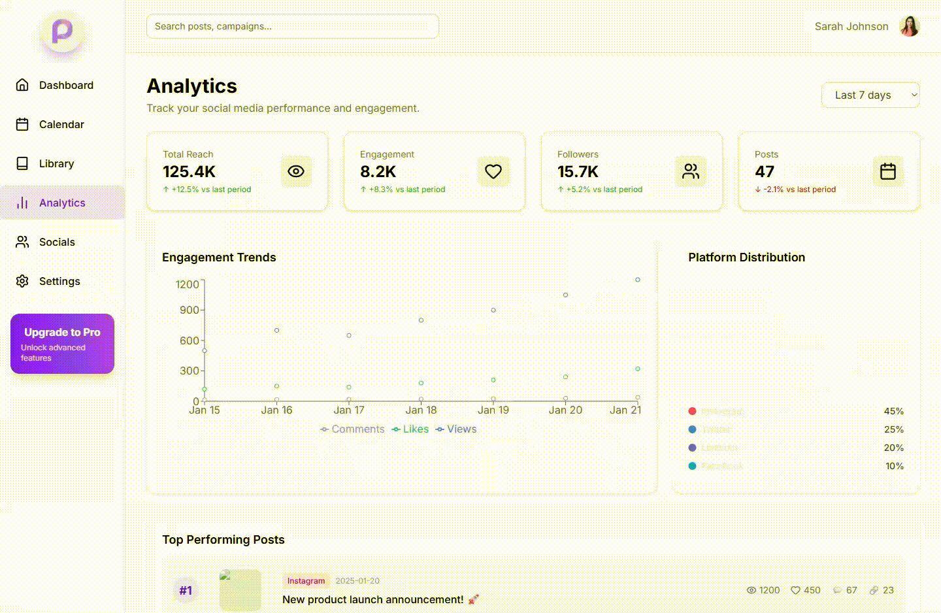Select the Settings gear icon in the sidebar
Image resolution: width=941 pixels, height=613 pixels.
(22, 281)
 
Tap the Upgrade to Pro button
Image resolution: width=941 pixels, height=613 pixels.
(62, 344)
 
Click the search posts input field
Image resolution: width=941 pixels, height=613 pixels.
(292, 26)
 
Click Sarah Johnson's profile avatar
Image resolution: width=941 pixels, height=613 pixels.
(909, 26)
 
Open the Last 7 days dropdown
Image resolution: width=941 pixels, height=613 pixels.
(870, 95)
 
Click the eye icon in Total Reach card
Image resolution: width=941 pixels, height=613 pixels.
(296, 171)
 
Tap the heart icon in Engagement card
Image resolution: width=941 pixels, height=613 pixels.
(493, 171)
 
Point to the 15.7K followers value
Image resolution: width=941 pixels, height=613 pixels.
(578, 172)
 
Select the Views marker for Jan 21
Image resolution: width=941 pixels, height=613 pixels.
(638, 280)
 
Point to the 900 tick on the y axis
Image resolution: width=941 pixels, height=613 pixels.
(190, 310)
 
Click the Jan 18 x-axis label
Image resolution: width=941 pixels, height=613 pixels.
(421, 410)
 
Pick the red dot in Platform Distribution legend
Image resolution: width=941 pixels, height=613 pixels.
(692, 411)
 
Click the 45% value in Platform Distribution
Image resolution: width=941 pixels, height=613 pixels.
(893, 411)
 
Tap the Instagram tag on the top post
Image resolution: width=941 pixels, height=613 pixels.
(306, 580)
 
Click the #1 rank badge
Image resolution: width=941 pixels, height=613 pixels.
(186, 590)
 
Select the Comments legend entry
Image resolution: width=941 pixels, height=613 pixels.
(353, 429)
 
